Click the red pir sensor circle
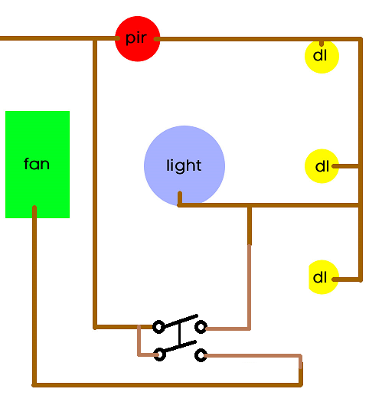point(137,38)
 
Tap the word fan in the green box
point(37,164)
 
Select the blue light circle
point(184,165)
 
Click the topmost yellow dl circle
point(322,56)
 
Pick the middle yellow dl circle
point(321,166)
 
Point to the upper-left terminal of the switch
point(158,327)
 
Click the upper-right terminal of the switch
point(201,327)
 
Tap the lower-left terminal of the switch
point(159,355)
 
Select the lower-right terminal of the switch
point(201,355)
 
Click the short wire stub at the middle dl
point(345,165)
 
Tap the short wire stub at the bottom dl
point(346,279)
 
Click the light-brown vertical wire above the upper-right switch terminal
point(249,287)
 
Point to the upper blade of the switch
point(179,322)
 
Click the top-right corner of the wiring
point(360,39)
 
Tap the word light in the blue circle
point(184,165)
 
